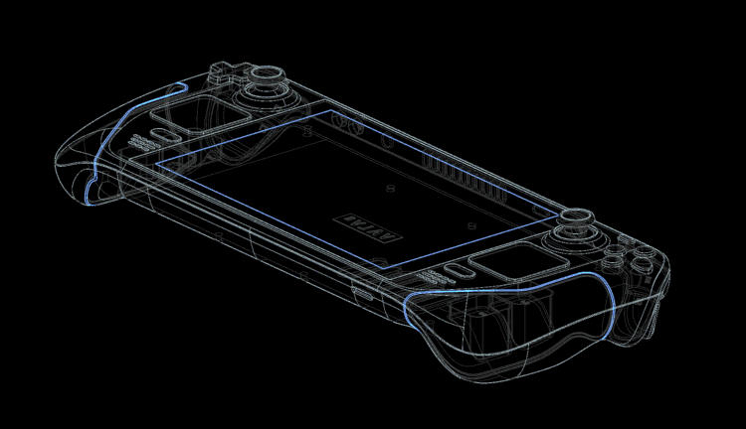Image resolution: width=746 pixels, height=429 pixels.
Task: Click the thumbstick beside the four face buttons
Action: coord(574,222)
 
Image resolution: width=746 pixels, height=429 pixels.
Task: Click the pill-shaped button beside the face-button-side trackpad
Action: coord(460,272)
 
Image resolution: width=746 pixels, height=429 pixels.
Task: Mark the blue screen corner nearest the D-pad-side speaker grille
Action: coord(157,159)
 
